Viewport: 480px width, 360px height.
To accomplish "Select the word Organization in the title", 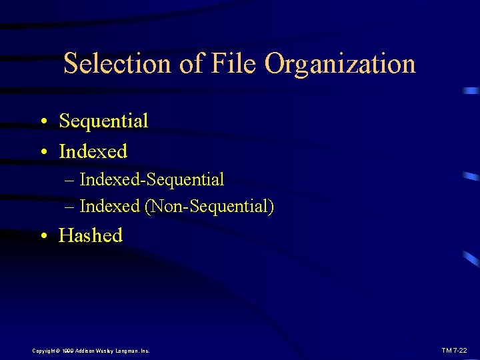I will click(x=340, y=65).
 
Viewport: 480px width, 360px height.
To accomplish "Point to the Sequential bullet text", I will click(x=103, y=121).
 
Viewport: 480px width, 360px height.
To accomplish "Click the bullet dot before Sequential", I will click(x=43, y=122).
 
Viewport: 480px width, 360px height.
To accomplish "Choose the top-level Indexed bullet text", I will click(x=93, y=151).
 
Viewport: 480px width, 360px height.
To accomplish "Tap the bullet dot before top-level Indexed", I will click(x=43, y=153).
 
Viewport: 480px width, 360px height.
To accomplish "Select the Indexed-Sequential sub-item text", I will click(x=152, y=179).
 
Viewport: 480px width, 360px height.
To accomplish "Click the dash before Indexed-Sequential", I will click(x=71, y=180).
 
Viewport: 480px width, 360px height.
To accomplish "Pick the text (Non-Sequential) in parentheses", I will click(x=209, y=207).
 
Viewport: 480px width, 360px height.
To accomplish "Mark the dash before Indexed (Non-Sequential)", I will click(x=71, y=207).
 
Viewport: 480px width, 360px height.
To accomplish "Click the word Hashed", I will click(x=91, y=235).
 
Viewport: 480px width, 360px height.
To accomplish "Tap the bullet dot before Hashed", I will click(x=43, y=237).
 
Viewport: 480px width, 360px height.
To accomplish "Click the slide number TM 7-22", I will click(x=454, y=350).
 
